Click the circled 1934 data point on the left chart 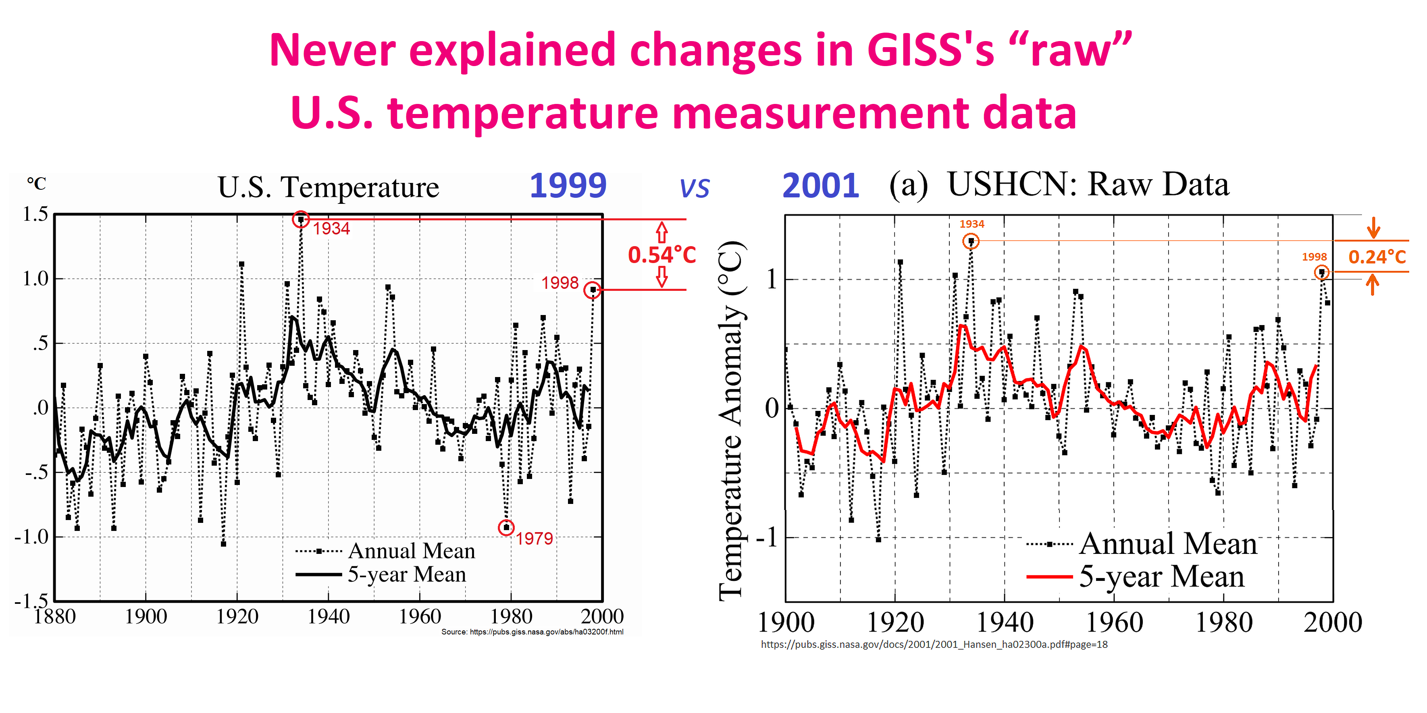click(300, 219)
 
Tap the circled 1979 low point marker click(506, 528)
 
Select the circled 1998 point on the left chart click(592, 290)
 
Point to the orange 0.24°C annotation click(1377, 257)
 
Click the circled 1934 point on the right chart click(971, 241)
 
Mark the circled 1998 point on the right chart click(1322, 272)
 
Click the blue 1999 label click(568, 186)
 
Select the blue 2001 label click(820, 186)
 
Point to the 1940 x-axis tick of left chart click(329, 617)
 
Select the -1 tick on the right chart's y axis click(769, 537)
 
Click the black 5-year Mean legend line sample click(318, 574)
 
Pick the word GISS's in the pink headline click(931, 50)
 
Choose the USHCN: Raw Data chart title click(1088, 185)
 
